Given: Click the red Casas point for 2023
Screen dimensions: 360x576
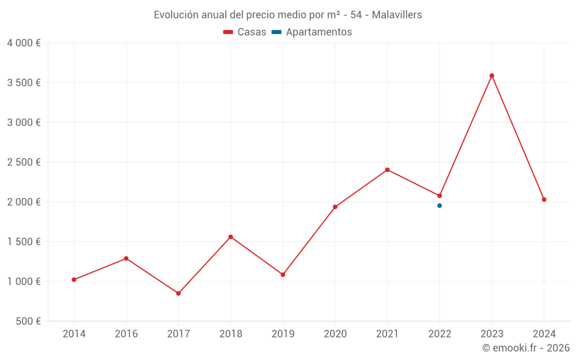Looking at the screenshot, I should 492,75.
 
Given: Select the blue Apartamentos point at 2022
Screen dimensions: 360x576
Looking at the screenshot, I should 439,206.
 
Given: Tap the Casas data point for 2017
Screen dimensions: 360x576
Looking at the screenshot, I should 179,293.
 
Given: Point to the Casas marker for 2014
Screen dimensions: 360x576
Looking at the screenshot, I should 74,279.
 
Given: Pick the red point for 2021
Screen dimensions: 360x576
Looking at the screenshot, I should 387,170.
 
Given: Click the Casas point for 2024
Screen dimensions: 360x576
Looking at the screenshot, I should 544,199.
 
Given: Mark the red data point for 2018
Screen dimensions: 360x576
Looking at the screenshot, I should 230,237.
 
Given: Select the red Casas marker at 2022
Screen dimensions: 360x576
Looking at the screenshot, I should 439,196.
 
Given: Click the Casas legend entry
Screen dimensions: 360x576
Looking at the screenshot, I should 245,32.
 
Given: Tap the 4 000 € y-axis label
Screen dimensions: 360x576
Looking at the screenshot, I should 24,43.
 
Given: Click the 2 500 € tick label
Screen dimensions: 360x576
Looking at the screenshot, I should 24,162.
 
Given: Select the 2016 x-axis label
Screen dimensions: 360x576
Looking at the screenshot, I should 126,334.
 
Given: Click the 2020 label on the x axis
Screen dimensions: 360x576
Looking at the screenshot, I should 335,334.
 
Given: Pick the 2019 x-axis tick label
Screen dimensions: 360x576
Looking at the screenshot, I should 283,334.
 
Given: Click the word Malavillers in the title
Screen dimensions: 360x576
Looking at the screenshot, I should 397,15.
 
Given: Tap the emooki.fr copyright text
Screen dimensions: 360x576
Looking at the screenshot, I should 525,348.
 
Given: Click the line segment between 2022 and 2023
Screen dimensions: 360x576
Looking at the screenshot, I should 465,136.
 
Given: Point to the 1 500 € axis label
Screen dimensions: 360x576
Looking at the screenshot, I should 24,241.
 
